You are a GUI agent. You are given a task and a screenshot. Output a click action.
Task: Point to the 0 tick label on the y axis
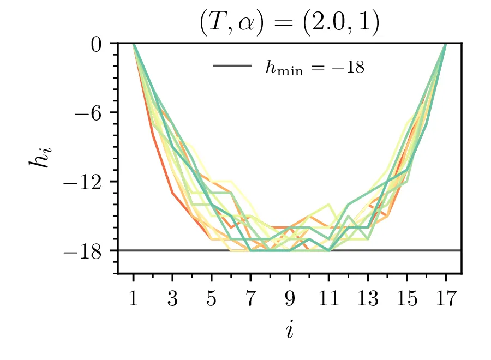(98, 44)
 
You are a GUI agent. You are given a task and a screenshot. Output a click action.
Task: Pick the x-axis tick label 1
(134, 299)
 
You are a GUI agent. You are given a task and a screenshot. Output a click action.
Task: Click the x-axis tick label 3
(172, 299)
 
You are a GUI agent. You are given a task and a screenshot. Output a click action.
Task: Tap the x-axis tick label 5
(212, 299)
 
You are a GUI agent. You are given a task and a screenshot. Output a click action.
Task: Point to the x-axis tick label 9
(290, 299)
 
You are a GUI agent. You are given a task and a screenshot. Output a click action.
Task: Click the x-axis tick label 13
(368, 299)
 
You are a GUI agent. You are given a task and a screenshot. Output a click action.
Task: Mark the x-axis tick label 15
(407, 299)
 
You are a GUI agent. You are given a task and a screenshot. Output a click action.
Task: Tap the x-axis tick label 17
(446, 299)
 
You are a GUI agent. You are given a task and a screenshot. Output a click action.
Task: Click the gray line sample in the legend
(233, 67)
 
